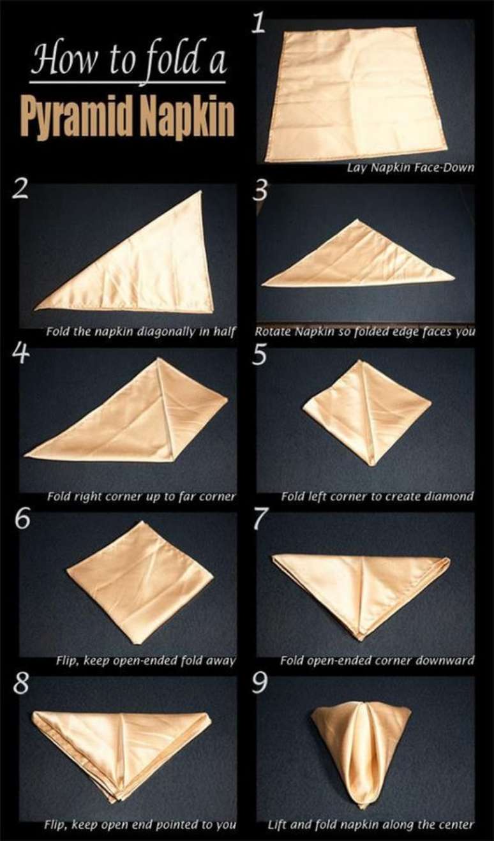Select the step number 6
(x=22, y=519)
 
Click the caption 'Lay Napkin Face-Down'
(x=410, y=168)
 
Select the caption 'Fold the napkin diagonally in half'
(x=141, y=332)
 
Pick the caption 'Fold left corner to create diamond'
(x=377, y=496)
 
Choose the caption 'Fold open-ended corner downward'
(x=377, y=660)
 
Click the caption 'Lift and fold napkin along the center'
(x=371, y=824)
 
